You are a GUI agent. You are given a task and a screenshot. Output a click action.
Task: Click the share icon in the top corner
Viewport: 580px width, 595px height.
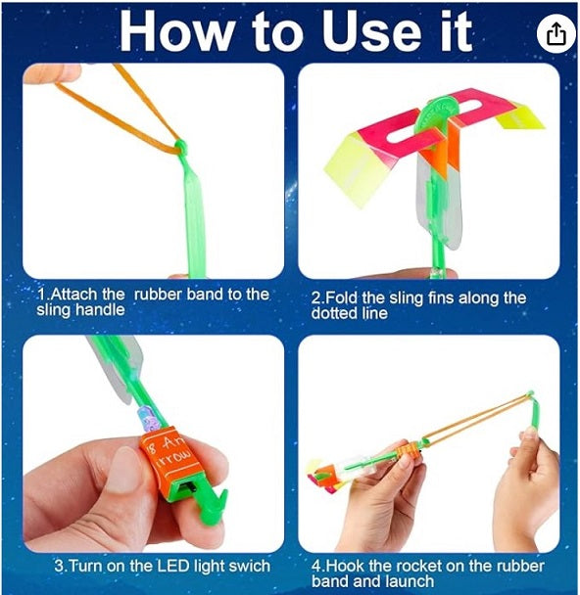point(556,33)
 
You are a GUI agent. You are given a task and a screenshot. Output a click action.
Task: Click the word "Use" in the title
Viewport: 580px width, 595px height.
point(373,31)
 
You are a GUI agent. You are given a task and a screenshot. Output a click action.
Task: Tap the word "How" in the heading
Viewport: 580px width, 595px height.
point(178,31)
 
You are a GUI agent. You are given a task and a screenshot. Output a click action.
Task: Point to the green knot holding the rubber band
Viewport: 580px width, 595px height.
point(181,147)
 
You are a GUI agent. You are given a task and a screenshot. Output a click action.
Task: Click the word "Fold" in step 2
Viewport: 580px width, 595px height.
point(342,297)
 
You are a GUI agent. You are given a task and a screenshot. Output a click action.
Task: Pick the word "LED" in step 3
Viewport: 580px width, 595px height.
point(172,567)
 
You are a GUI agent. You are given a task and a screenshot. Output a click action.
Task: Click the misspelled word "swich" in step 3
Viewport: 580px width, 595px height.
point(249,567)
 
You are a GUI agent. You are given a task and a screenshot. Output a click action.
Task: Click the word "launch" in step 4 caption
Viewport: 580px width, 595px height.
point(410,581)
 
